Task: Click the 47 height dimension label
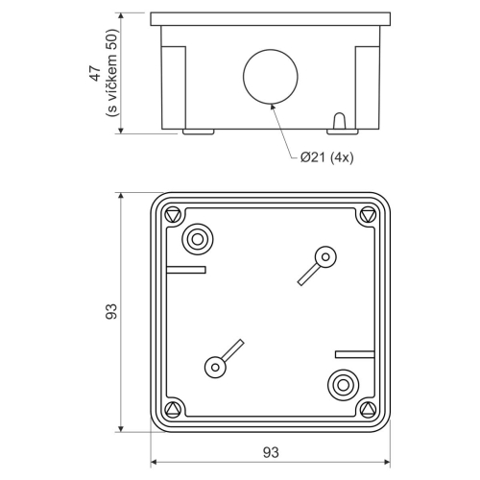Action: tap(94, 74)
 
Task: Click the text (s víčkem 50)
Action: tap(111, 74)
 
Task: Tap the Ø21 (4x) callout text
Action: tap(326, 158)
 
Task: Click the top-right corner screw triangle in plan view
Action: tap(366, 215)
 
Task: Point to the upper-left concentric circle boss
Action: tap(198, 239)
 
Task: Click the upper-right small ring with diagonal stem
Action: tap(325, 256)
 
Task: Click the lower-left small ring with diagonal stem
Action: tap(213, 366)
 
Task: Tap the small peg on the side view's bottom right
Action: tap(339, 123)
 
